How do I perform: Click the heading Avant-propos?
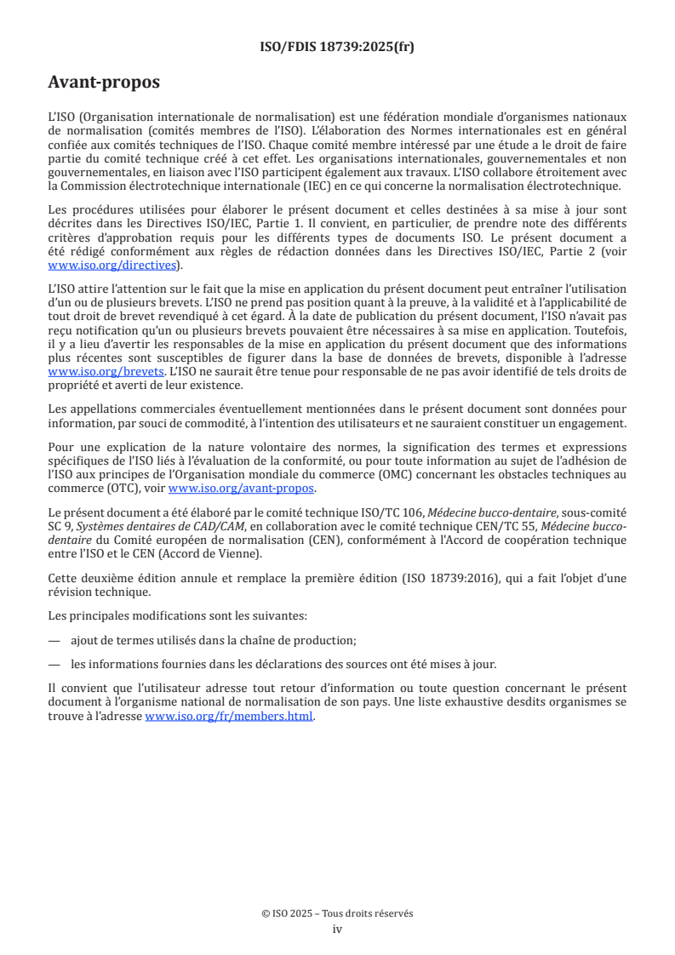(104, 83)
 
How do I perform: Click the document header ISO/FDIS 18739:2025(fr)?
(337, 47)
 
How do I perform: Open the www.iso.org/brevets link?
(106, 372)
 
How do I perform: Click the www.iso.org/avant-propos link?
(241, 489)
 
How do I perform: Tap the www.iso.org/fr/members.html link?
(230, 717)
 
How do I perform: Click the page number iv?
(337, 929)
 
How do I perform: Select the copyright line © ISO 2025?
(337, 913)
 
